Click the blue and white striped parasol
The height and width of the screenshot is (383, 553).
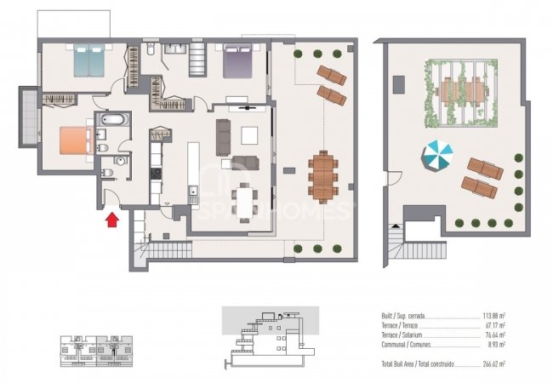tap(439, 155)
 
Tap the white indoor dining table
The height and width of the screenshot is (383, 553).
tap(247, 202)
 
